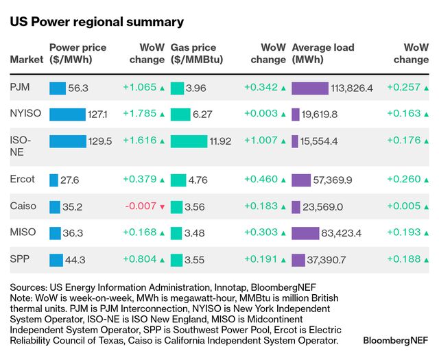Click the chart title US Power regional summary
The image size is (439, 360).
tap(97, 22)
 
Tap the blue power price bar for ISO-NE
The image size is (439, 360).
tap(67, 141)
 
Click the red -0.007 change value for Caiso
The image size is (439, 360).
tap(140, 206)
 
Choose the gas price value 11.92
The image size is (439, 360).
tap(220, 141)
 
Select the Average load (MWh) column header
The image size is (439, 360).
tap(323, 53)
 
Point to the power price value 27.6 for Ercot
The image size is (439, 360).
tap(70, 180)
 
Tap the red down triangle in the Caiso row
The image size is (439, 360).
tap(162, 207)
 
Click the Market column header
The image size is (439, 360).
tap(26, 60)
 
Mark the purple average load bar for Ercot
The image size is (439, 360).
tap(301, 180)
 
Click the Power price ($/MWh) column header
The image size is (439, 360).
tap(78, 53)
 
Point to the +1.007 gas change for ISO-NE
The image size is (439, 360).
tap(261, 141)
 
